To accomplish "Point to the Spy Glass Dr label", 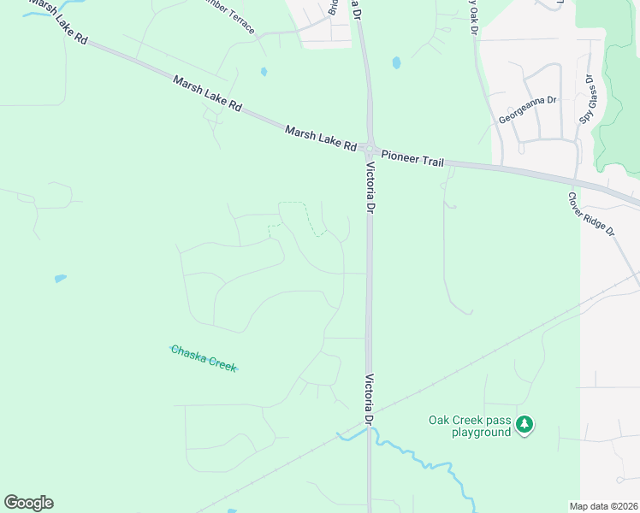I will click(587, 99).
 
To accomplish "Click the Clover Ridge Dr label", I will click(591, 214).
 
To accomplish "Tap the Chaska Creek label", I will click(204, 357).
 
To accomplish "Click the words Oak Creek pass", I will click(469, 420).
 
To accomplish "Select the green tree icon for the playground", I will click(524, 424).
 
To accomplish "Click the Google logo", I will click(28, 503).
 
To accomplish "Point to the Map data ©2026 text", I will click(603, 506).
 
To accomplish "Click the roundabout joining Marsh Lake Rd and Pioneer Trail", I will click(370, 149).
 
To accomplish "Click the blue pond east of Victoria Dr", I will click(396, 62).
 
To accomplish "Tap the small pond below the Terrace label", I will click(264, 72).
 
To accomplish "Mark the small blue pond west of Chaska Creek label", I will click(60, 278).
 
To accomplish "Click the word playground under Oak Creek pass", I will click(482, 432).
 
